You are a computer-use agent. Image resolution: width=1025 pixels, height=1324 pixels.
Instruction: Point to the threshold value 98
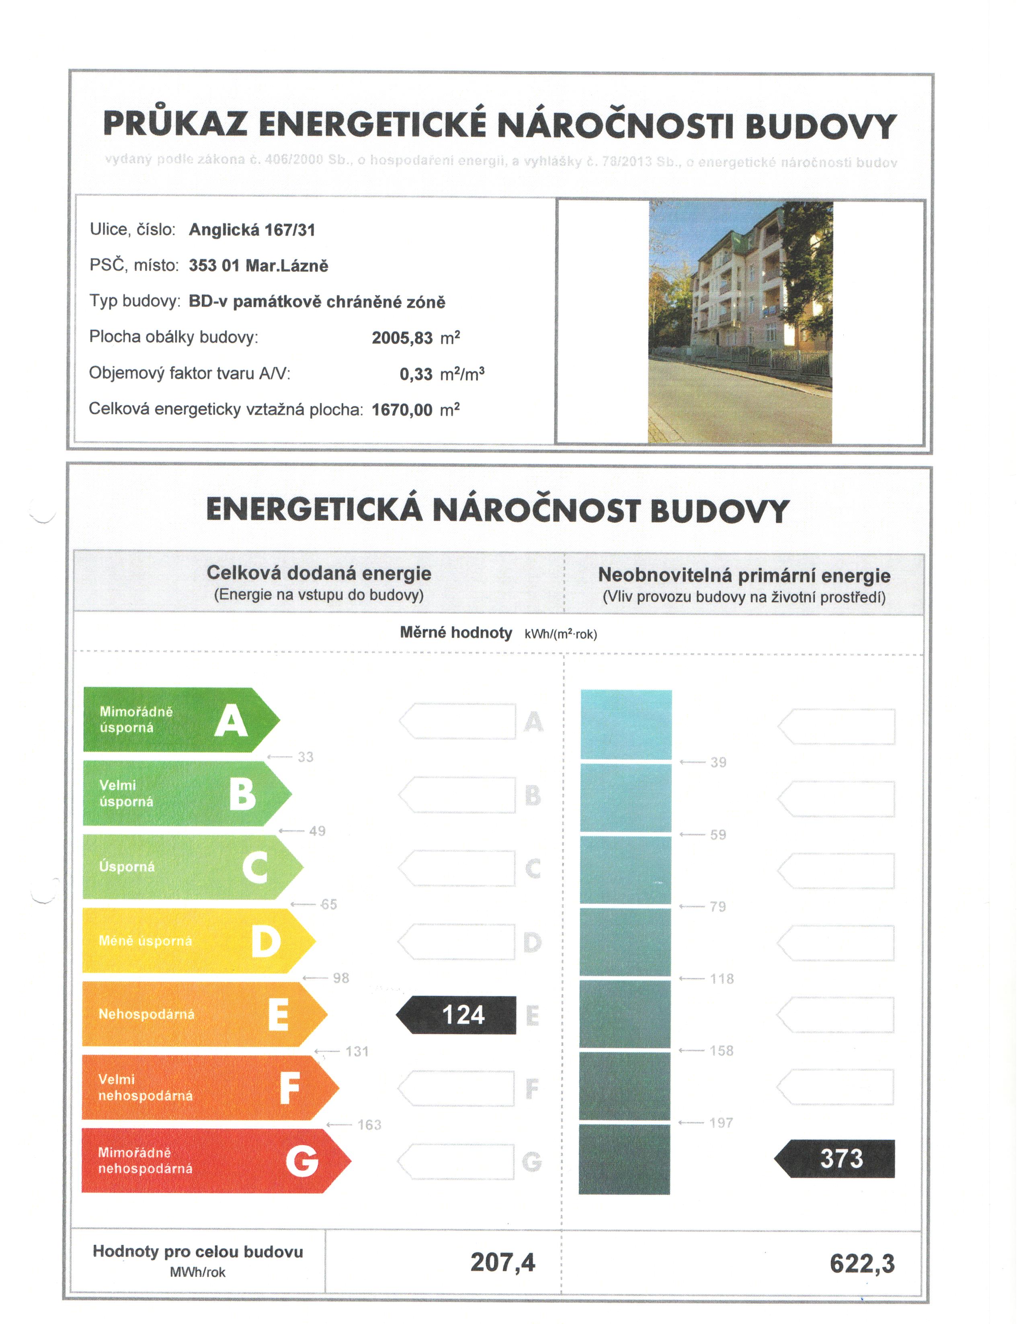[340, 978]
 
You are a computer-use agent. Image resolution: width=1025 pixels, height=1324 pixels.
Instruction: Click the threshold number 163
[369, 1125]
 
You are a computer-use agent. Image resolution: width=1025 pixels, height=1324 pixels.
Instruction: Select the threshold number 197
[722, 1123]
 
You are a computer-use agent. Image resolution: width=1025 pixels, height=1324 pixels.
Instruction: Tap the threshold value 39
[718, 762]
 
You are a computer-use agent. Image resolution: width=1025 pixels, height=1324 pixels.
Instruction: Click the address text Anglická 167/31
[252, 230]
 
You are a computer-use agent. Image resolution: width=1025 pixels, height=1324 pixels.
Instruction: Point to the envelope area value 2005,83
[402, 338]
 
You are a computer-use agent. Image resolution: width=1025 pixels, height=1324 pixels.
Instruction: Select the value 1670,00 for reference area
[402, 410]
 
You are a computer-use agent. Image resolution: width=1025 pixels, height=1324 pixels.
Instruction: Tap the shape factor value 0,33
[416, 374]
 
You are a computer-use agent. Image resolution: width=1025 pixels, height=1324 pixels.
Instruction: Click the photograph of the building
[740, 322]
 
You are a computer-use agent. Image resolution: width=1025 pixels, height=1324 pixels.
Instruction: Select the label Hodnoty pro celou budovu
[198, 1251]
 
